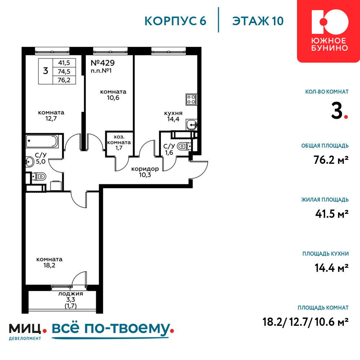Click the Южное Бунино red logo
329,31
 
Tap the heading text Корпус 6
175,21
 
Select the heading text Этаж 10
258,21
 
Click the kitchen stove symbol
191,100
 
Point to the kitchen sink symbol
191,125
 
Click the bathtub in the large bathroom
42,141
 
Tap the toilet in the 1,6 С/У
184,146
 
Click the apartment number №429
103,63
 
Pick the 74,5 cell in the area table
64,71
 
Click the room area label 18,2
49,265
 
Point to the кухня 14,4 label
174,116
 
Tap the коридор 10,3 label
145,172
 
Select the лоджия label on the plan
71,294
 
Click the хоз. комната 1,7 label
119,142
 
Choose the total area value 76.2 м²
331,160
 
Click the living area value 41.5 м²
332,214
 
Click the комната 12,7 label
51,116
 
